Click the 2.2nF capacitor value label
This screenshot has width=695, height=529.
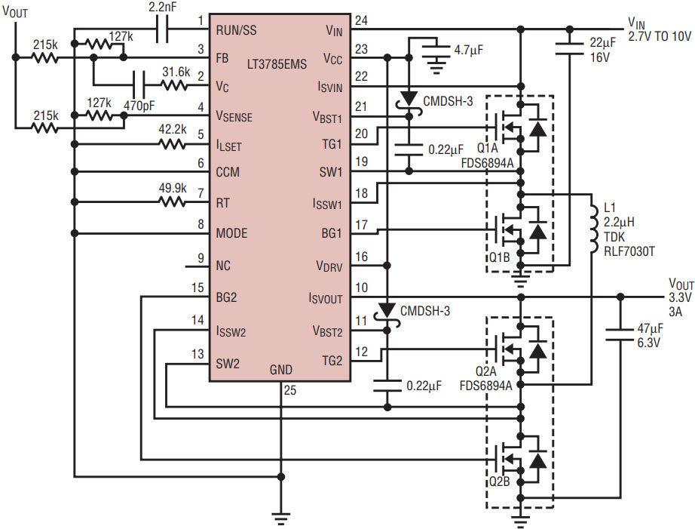[x=163, y=8]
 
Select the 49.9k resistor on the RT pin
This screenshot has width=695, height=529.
[x=173, y=201]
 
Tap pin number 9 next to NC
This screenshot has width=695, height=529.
[x=200, y=257]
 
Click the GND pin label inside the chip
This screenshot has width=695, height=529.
[x=280, y=370]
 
